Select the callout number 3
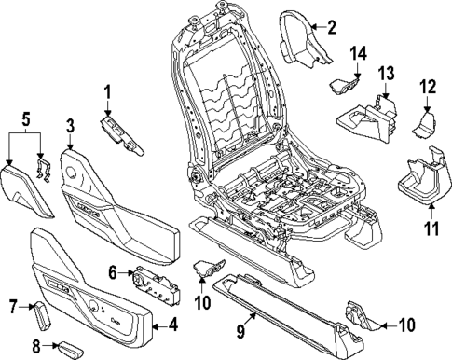[70, 128]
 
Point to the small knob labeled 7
[42, 315]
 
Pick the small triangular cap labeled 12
[425, 121]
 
